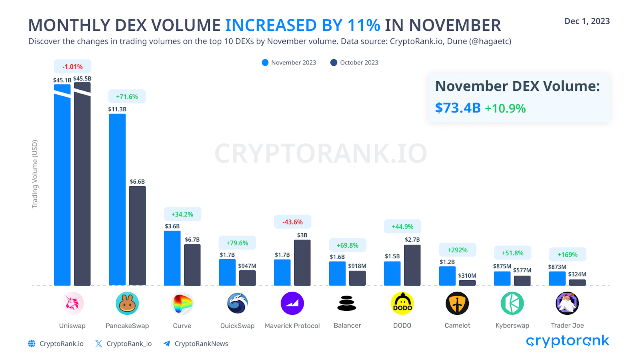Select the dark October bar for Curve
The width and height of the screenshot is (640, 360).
tap(192, 264)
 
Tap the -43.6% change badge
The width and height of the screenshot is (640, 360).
tap(292, 222)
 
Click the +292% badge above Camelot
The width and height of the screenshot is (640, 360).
tap(457, 250)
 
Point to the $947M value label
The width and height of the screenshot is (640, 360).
tap(247, 266)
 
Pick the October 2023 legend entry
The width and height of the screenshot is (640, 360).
tap(354, 63)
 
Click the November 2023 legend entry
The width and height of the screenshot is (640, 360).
tap(289, 63)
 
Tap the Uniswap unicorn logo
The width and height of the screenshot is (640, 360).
tap(72, 303)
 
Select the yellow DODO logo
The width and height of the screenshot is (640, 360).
tap(402, 303)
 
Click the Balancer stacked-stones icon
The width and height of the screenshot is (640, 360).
tap(347, 303)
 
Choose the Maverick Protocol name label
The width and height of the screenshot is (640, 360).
tap(292, 326)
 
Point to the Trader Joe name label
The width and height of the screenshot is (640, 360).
tap(567, 326)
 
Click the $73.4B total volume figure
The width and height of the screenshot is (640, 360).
tap(458, 108)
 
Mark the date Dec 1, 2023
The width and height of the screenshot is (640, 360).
tap(587, 21)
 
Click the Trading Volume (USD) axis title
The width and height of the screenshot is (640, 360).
tap(35, 174)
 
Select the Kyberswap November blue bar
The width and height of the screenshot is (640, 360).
tap(502, 278)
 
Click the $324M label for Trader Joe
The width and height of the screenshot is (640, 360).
tap(577, 274)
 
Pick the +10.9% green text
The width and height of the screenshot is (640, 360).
tap(505, 108)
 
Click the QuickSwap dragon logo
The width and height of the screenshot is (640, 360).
tap(237, 303)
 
